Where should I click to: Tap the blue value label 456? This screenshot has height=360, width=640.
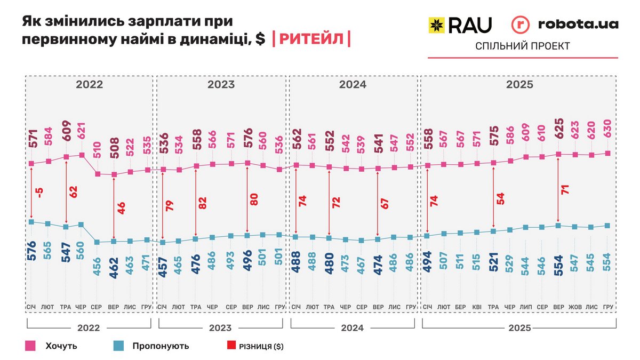click(x=98, y=266)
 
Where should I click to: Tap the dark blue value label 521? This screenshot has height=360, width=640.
click(x=493, y=266)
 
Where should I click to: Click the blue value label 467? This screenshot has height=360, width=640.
click(x=362, y=266)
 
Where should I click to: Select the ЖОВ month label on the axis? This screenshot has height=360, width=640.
click(x=574, y=307)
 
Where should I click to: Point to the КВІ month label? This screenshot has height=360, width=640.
click(x=476, y=307)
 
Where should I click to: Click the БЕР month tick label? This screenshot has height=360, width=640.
click(x=460, y=307)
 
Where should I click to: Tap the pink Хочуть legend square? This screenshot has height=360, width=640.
click(x=30, y=346)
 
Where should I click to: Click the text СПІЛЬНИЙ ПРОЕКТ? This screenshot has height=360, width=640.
click(x=522, y=46)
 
